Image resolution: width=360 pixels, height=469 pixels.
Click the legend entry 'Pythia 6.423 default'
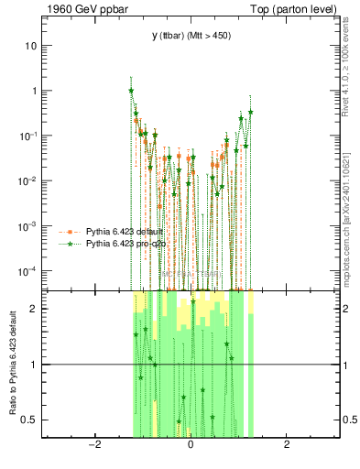click(125, 231)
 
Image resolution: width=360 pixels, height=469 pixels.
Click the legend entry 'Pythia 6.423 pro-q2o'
click(126, 244)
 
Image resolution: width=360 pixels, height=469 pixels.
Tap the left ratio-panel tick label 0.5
click(31, 420)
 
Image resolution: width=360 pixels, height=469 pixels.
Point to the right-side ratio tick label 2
click(348, 309)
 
